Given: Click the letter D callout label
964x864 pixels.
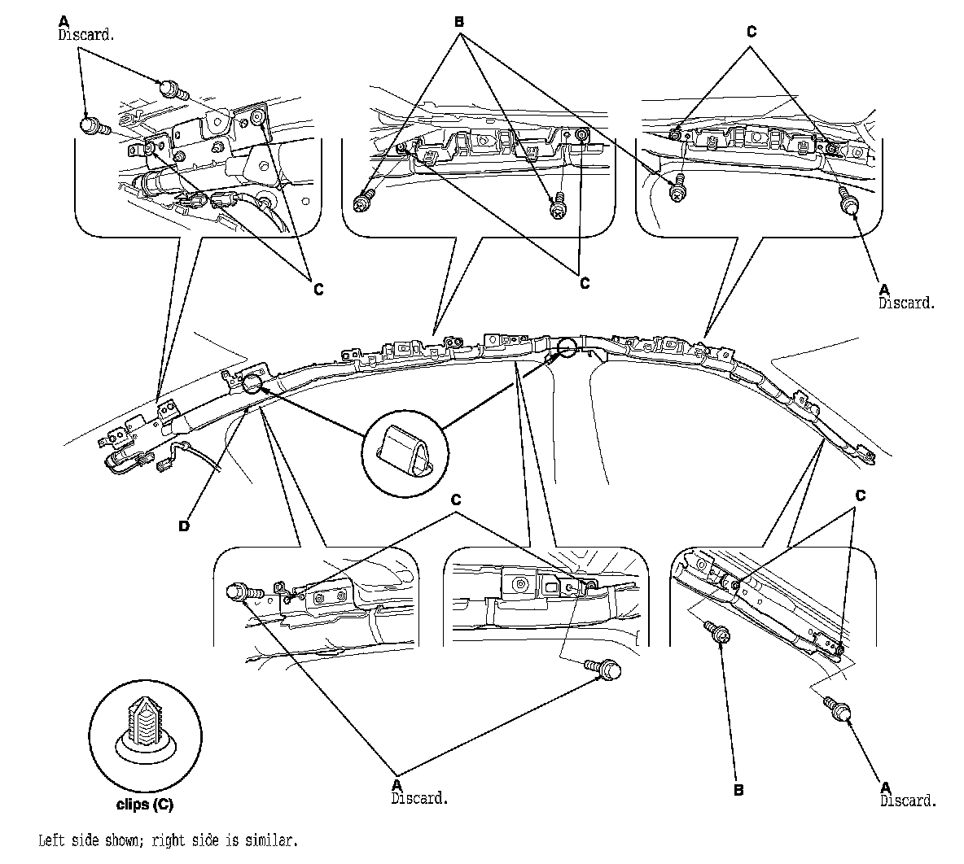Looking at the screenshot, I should click(184, 526).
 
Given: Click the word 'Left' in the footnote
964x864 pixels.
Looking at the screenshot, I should click(52, 840).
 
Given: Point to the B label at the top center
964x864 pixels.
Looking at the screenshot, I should click(459, 22).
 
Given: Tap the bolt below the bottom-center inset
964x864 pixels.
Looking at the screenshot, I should click(603, 668).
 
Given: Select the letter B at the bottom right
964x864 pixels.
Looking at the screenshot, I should click(738, 790).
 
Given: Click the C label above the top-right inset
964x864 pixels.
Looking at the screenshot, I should click(751, 32).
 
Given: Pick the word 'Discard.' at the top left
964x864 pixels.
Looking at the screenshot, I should click(85, 35).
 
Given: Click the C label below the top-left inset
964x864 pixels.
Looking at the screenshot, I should click(318, 288).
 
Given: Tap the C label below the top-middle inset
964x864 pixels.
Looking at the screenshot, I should click(585, 283).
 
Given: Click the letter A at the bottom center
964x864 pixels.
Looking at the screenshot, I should click(397, 784).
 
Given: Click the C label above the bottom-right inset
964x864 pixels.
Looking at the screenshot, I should click(861, 495).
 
